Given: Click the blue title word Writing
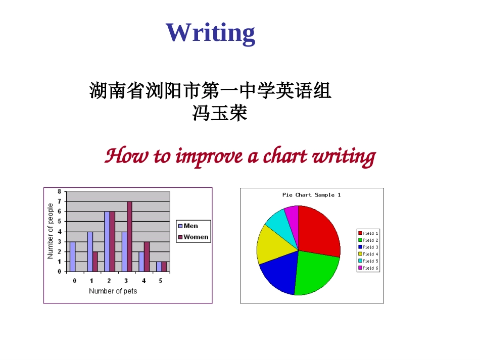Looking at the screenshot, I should click(x=210, y=32).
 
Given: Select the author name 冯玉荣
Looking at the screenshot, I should click(x=220, y=113).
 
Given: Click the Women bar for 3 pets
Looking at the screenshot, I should click(x=129, y=236).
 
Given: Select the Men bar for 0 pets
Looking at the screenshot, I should click(x=73, y=256).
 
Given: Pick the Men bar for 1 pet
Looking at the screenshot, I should click(x=90, y=251).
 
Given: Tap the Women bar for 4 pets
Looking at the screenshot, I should click(x=147, y=256).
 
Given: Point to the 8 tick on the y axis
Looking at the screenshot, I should click(x=59, y=191).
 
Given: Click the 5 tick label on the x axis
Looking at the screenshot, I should click(x=161, y=280).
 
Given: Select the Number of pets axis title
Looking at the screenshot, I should click(x=113, y=291).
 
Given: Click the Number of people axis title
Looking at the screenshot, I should click(x=50, y=231).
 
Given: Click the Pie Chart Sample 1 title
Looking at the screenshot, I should click(x=311, y=195).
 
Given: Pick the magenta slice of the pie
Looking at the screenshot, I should click(x=292, y=214).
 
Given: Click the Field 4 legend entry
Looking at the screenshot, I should click(x=368, y=254).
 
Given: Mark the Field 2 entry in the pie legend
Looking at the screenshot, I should click(x=368, y=240).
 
